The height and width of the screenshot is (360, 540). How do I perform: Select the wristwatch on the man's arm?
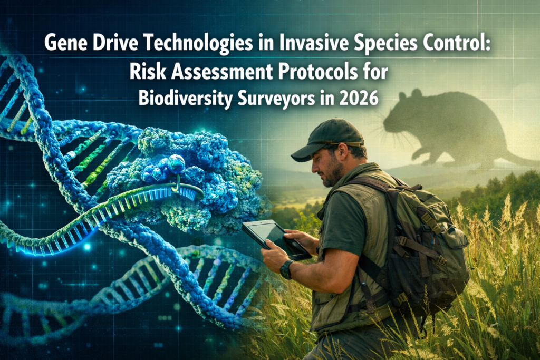click(x=287, y=269)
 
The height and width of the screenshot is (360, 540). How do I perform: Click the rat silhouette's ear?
click(x=417, y=95)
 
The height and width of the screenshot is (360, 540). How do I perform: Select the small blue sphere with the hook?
click(x=175, y=164)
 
